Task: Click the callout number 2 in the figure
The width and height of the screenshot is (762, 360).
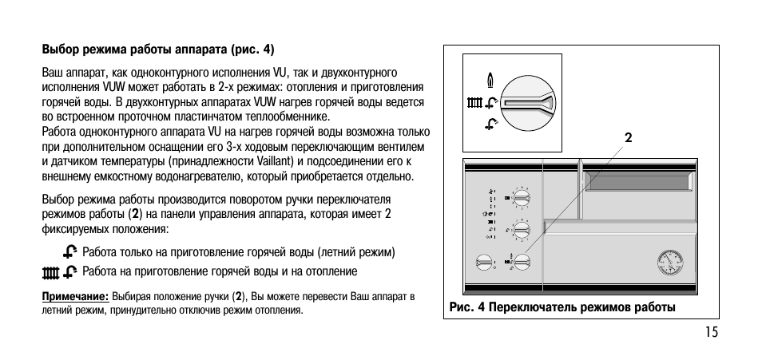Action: [629, 137]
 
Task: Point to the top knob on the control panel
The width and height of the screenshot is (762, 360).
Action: [521, 197]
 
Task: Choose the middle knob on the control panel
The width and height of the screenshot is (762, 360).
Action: [521, 230]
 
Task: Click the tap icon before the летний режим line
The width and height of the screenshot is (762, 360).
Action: [72, 252]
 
